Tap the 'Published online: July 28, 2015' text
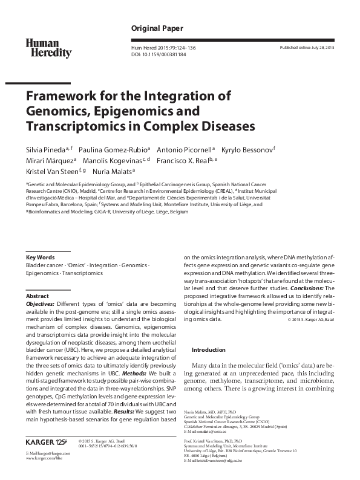307,47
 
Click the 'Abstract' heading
38,296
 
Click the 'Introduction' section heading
209,349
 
